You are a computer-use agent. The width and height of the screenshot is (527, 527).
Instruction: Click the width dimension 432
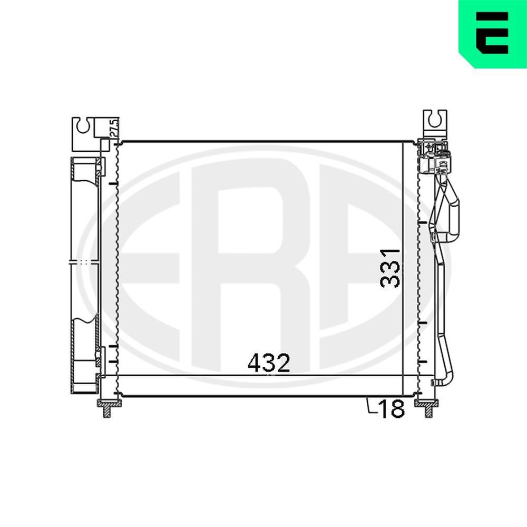pyautogui.click(x=269, y=364)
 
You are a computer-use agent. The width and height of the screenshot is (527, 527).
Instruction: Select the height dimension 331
pyautogui.click(x=390, y=267)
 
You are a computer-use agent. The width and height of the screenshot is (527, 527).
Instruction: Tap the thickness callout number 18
pyautogui.click(x=391, y=408)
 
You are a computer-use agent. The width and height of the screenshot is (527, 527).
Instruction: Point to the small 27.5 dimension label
pyautogui.click(x=112, y=128)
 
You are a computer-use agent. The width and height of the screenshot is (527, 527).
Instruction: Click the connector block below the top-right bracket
pyautogui.click(x=435, y=155)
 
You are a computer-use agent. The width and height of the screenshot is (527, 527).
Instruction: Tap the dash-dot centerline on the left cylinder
pyautogui.click(x=84, y=261)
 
